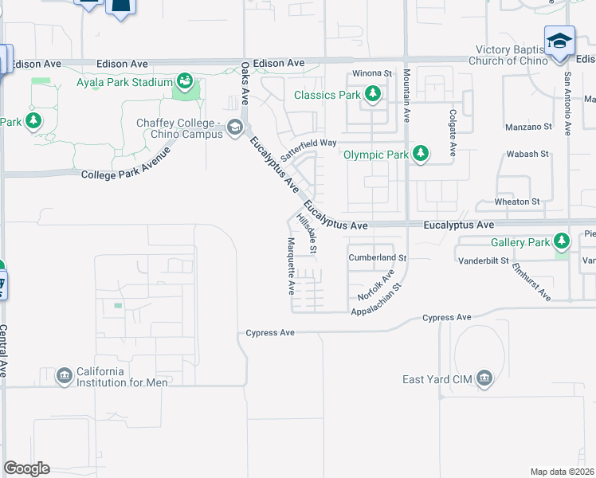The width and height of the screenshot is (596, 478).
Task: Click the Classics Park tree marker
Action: click(x=372, y=95)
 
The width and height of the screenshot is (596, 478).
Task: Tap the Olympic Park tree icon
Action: click(x=420, y=155)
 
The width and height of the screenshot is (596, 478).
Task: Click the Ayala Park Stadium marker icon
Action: click(x=185, y=82)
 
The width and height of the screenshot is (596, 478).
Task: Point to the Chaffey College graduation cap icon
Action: click(x=234, y=127)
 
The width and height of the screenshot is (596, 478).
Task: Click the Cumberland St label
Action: click(x=378, y=258)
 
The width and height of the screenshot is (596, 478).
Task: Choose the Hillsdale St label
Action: click(x=307, y=233)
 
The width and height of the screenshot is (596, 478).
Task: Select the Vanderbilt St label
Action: click(x=482, y=261)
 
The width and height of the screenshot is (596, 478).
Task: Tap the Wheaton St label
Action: click(x=517, y=202)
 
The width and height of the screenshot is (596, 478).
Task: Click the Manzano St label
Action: click(x=528, y=127)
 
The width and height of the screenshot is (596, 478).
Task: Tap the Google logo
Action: click(x=26, y=468)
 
